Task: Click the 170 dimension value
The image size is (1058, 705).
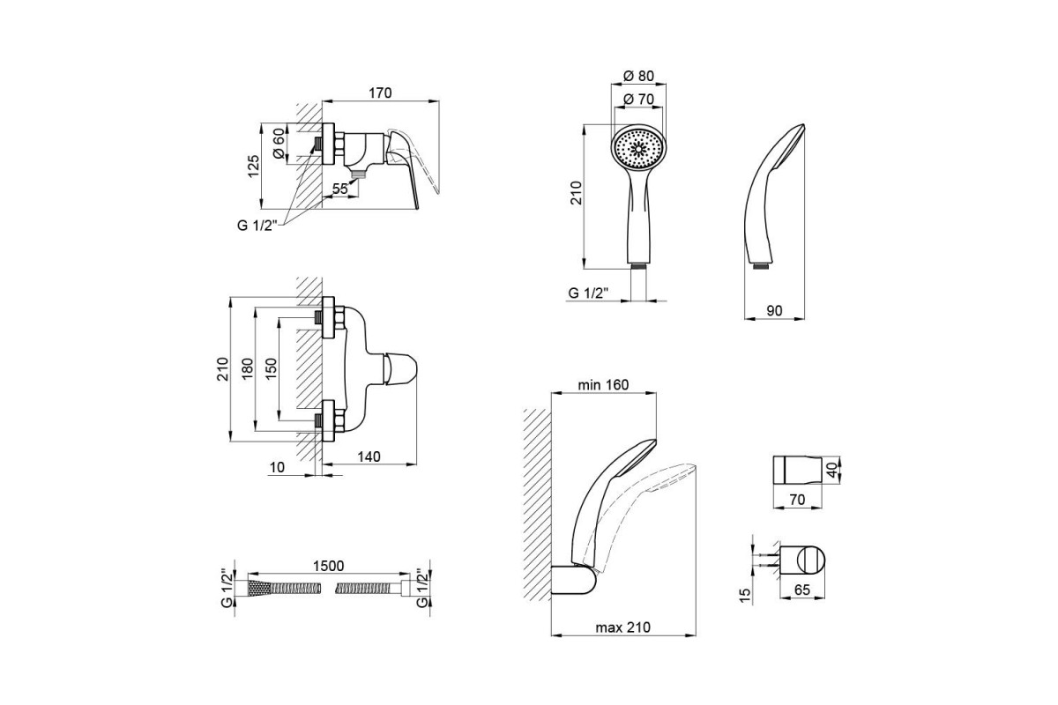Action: [380, 93]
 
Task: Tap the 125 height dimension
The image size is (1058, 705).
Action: [254, 166]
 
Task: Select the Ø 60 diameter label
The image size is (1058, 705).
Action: [279, 144]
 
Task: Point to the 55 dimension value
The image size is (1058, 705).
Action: [341, 188]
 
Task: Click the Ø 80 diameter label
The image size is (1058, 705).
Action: [640, 75]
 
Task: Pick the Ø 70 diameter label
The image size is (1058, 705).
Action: [640, 99]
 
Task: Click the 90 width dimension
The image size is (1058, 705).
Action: [775, 310]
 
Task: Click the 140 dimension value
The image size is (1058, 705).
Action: [369, 456]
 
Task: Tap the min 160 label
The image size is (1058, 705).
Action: [602, 384]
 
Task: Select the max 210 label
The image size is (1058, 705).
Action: [622, 628]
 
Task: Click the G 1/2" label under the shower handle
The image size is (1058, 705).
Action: [585, 293]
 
